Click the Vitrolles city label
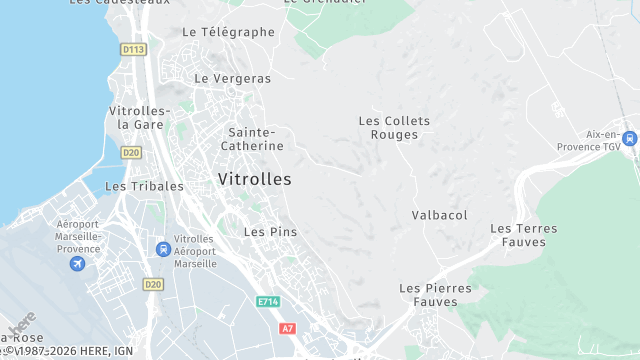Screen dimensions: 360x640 254,180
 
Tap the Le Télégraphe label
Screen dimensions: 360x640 228,32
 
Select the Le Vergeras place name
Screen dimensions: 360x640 232,78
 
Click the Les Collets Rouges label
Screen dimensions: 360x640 394,128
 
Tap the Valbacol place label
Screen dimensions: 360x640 439,215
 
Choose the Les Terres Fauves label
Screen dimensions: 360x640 523,235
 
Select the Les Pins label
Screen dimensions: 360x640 270,232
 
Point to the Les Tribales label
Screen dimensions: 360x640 144,186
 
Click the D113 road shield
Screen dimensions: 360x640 132,49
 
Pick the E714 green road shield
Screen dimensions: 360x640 268,301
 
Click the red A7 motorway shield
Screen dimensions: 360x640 288,328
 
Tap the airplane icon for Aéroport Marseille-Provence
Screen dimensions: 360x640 77,264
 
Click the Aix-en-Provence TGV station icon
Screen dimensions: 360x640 629,139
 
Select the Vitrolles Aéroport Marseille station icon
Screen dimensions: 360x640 162,249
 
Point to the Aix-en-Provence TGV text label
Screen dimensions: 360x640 598,139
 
